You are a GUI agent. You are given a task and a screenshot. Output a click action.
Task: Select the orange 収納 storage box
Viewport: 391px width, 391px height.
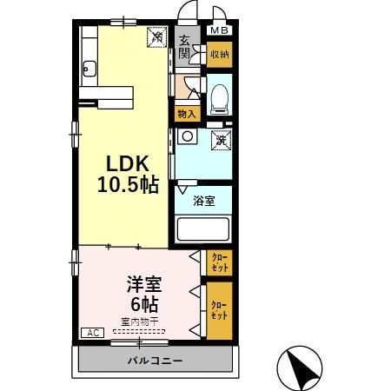pos(219,55)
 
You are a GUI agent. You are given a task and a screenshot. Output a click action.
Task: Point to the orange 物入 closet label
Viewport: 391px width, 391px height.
pos(186,113)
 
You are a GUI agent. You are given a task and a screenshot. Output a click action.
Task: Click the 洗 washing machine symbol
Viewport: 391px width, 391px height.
pos(221,139)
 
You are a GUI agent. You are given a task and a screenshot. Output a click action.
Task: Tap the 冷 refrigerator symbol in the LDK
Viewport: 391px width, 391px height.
pos(157,37)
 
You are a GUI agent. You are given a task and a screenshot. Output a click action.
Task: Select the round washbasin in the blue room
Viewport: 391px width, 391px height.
pos(186,136)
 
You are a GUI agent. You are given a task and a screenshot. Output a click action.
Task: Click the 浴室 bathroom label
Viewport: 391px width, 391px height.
pos(205,201)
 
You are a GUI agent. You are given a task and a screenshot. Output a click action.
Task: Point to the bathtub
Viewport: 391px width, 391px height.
pos(202,230)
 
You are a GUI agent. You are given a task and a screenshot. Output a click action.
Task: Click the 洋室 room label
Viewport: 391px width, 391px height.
pos(143,282)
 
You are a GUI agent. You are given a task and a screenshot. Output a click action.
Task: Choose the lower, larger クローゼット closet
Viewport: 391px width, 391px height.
pos(219,310)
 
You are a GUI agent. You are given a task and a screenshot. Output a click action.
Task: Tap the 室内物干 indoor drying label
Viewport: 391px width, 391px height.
pos(139,321)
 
